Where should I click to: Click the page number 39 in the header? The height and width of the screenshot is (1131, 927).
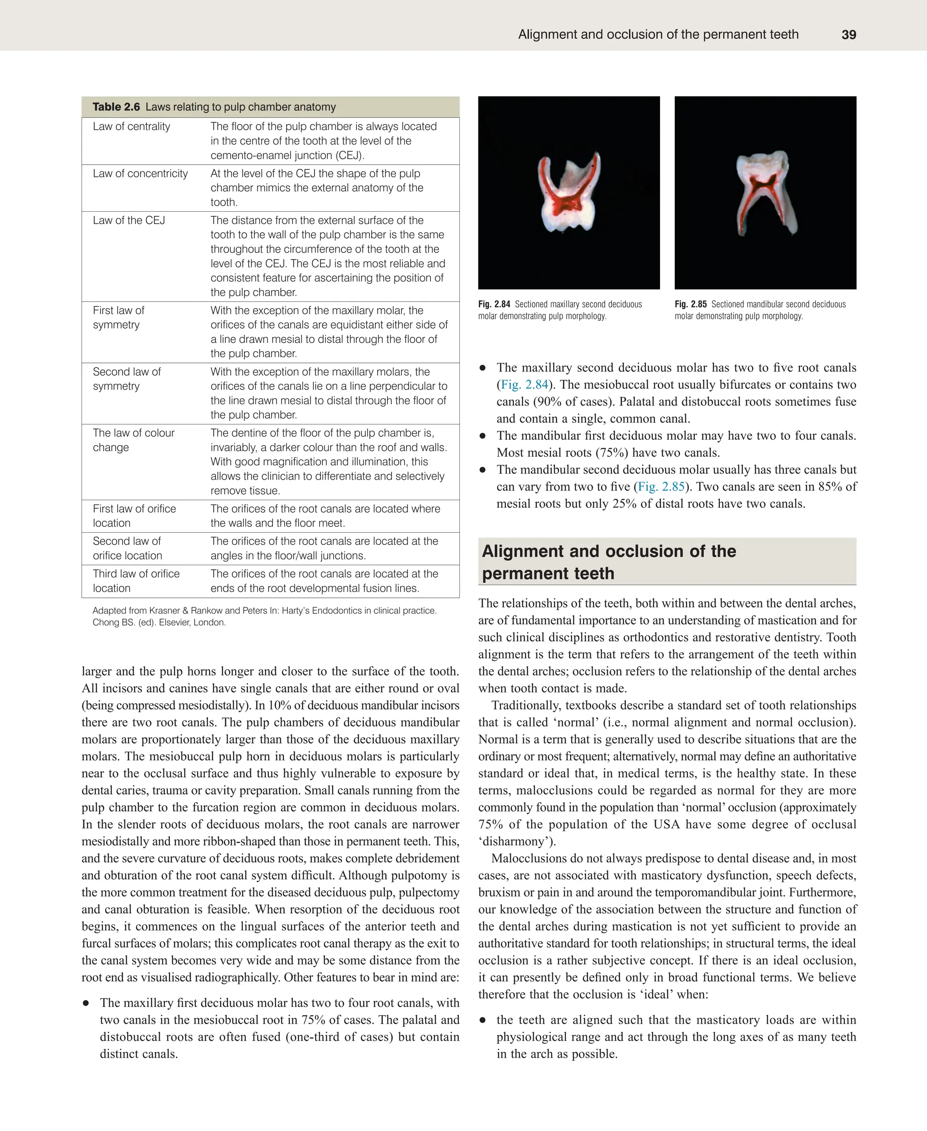click(x=849, y=35)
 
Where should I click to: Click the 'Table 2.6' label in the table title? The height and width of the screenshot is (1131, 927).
click(x=116, y=107)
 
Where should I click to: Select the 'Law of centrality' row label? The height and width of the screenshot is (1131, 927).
click(x=131, y=127)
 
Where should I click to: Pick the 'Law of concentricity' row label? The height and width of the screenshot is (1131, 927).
click(x=140, y=173)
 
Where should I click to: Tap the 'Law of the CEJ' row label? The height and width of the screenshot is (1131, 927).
click(x=129, y=220)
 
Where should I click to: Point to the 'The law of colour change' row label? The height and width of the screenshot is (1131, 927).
click(x=134, y=440)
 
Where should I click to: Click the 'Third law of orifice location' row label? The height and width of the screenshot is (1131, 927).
click(x=136, y=581)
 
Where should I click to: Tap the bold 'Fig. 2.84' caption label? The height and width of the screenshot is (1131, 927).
click(x=494, y=305)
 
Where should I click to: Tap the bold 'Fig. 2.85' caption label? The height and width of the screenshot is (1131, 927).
click(x=690, y=305)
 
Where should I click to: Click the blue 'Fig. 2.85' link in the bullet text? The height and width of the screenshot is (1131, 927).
click(x=661, y=487)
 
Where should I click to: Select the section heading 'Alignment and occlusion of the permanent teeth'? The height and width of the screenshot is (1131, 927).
click(x=609, y=562)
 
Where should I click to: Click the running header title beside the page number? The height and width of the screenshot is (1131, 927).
click(x=658, y=35)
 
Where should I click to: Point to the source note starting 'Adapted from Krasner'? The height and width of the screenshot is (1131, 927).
click(x=264, y=616)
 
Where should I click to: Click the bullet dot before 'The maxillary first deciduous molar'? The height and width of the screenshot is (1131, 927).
click(x=86, y=1003)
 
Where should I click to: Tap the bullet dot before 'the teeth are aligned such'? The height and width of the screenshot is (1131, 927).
click(x=482, y=1021)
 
